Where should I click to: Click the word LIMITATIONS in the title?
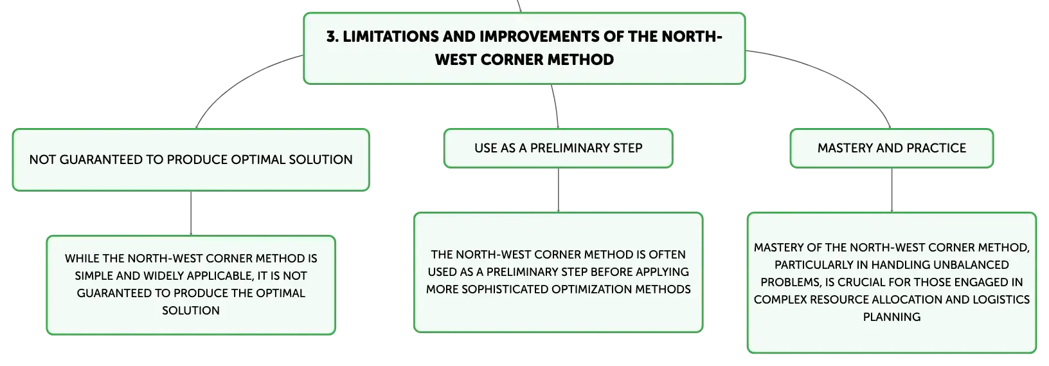click(x=390, y=37)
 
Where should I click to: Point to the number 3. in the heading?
click(x=332, y=37)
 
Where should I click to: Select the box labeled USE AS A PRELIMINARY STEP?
click(x=558, y=148)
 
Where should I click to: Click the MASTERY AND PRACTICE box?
click(x=892, y=148)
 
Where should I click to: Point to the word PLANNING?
click(x=892, y=317)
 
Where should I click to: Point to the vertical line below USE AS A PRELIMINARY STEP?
click(x=558, y=190)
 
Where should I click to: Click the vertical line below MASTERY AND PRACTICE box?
click(x=892, y=190)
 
